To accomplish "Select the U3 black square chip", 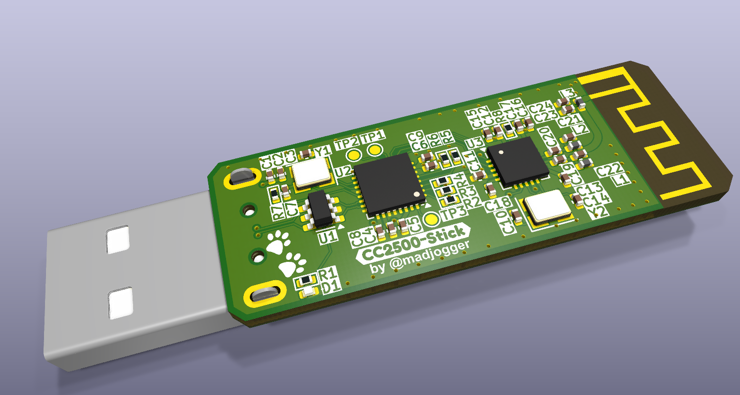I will [x=517, y=162].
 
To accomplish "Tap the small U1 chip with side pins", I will [x=321, y=209].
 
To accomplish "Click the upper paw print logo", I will [x=278, y=243].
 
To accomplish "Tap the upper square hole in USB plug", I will [x=118, y=240].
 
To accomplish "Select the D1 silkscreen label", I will [x=331, y=286].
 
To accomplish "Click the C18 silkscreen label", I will [x=497, y=204].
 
